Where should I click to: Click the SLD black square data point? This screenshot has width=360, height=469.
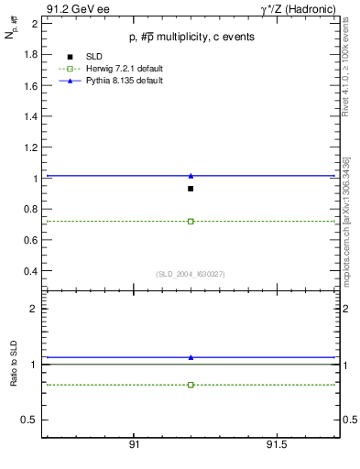[x=191, y=189]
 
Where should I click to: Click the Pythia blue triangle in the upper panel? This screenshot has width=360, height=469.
[x=191, y=175]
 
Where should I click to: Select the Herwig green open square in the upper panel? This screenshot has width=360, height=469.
[x=191, y=221]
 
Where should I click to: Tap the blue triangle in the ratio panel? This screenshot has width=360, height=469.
[x=191, y=357]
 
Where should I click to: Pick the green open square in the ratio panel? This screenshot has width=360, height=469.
[x=191, y=385]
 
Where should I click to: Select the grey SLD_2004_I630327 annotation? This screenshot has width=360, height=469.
[x=191, y=274]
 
